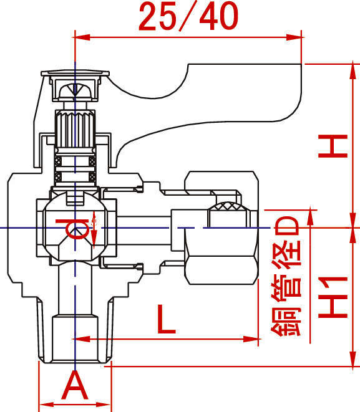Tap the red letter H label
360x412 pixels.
[333, 146]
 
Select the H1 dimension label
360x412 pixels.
[333, 297]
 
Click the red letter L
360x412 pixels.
[166, 319]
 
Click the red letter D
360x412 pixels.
[287, 226]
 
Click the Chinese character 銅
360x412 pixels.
[286, 322]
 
